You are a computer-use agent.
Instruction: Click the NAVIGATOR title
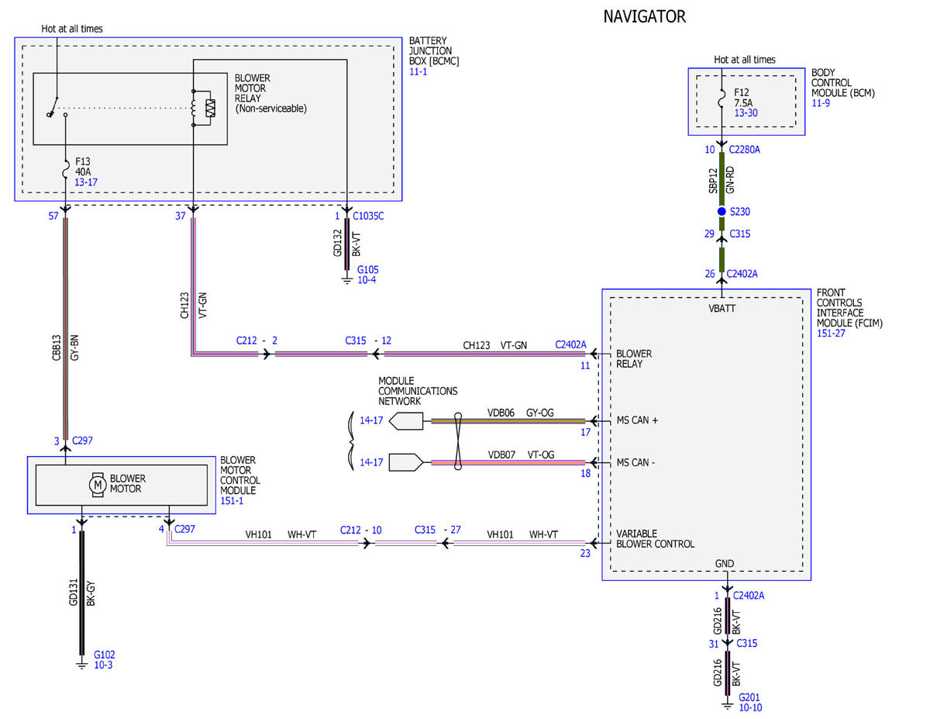(x=644, y=17)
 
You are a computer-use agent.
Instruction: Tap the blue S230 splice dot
(x=722, y=211)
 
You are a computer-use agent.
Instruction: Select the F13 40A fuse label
(x=83, y=167)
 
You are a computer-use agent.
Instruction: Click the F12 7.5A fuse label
(x=743, y=98)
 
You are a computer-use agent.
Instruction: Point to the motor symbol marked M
(x=98, y=485)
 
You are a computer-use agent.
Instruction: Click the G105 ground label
(x=367, y=270)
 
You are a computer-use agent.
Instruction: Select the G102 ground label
(x=104, y=655)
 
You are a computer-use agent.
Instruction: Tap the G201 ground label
(x=749, y=697)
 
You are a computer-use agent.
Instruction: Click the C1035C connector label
(x=368, y=216)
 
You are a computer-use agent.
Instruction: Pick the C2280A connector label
(x=744, y=150)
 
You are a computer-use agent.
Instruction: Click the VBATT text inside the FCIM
(x=722, y=309)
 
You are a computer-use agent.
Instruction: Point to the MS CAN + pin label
(x=637, y=420)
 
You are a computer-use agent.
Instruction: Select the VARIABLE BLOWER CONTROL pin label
(x=655, y=539)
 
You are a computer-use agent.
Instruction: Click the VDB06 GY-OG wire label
(x=520, y=413)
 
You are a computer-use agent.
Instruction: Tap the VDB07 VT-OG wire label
(x=521, y=455)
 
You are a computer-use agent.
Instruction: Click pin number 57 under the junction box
(x=53, y=216)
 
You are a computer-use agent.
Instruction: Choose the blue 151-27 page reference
(x=831, y=334)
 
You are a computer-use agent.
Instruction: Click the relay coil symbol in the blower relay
(x=194, y=109)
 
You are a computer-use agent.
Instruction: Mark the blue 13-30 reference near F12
(x=746, y=112)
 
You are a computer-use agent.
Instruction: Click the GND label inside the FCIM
(x=724, y=564)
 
